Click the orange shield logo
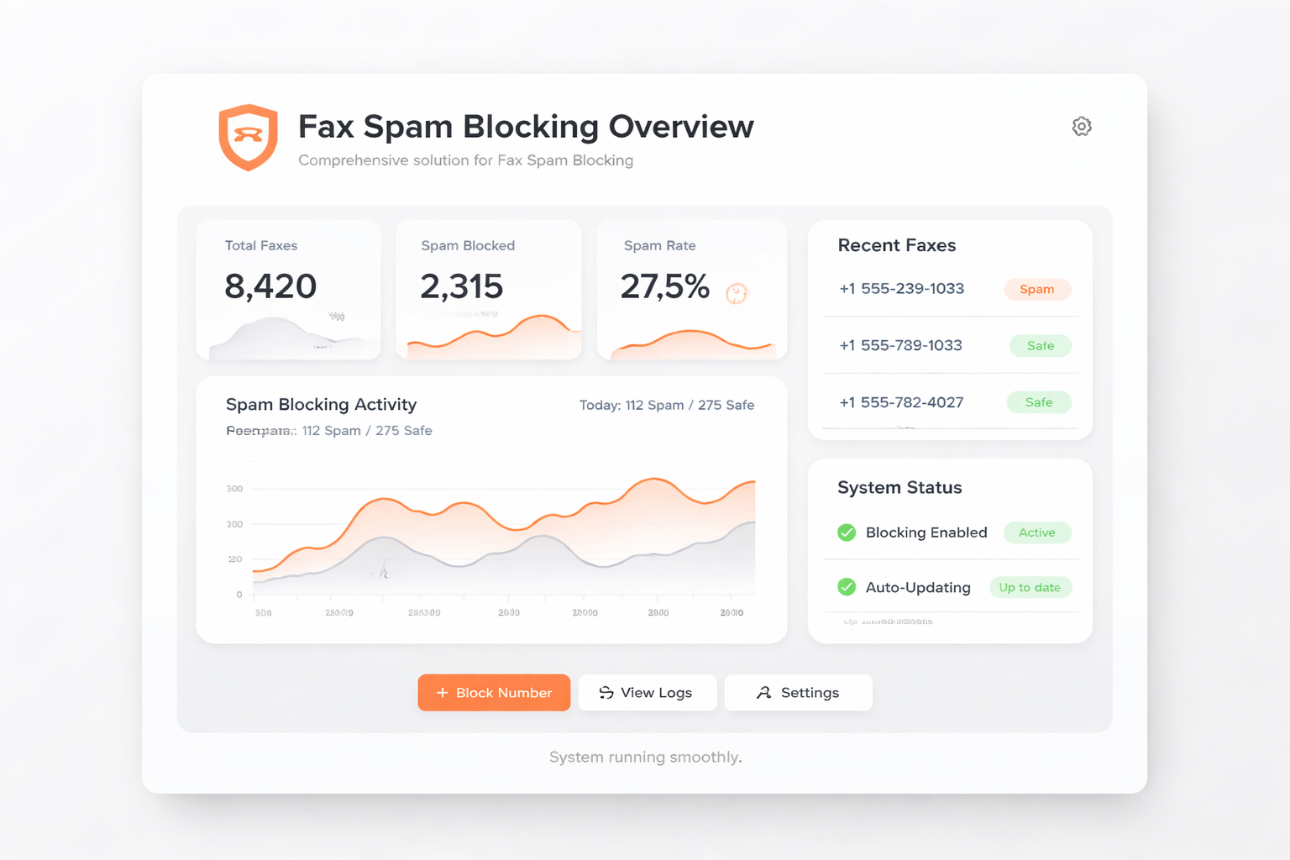click(248, 137)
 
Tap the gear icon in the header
click(1082, 126)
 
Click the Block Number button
click(494, 693)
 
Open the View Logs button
click(647, 693)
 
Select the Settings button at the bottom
click(798, 693)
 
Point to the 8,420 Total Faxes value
click(270, 286)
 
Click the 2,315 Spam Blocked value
click(462, 286)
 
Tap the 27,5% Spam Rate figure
click(665, 286)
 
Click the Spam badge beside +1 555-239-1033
click(1037, 290)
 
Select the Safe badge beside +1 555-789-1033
click(1041, 346)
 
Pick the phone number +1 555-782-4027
click(901, 402)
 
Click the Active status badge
click(1037, 532)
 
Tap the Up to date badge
click(1030, 587)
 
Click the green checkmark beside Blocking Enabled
click(847, 532)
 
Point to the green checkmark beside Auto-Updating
click(847, 587)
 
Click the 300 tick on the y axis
click(234, 489)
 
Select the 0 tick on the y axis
click(239, 595)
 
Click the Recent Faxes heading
click(897, 245)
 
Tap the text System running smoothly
click(645, 757)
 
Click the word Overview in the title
click(681, 127)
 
